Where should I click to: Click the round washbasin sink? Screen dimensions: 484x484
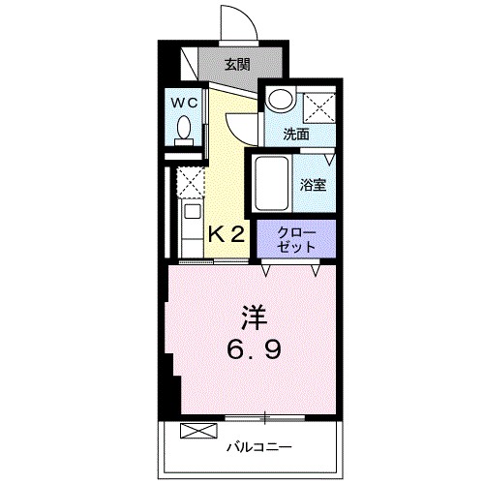[x=279, y=100]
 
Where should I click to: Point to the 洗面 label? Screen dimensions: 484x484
[x=296, y=135]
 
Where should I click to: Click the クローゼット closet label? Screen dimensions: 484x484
[x=296, y=238]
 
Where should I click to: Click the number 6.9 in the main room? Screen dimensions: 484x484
[x=254, y=348]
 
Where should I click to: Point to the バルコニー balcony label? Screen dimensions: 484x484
[x=259, y=446]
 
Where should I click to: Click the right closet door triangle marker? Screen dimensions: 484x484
[x=316, y=267]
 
